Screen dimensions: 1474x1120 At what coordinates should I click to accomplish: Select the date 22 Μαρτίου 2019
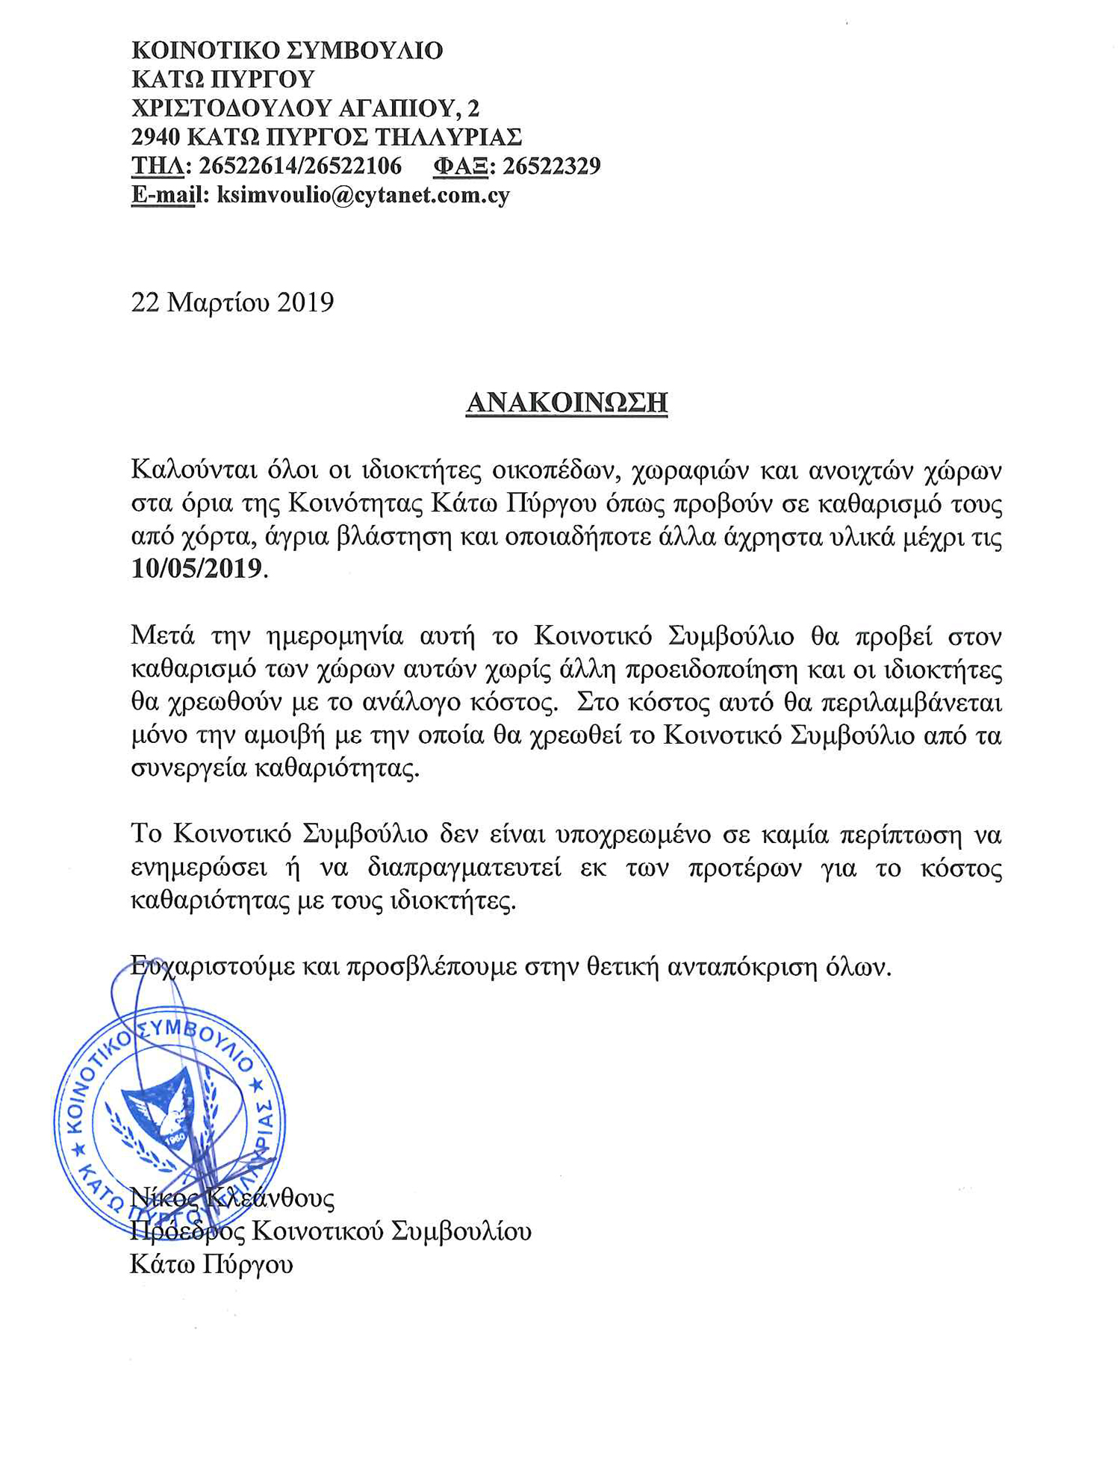pyautogui.click(x=232, y=302)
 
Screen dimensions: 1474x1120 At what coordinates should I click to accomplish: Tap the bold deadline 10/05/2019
pyautogui.click(x=197, y=569)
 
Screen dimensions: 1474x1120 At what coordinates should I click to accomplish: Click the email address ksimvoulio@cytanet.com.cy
pyautogui.click(x=363, y=195)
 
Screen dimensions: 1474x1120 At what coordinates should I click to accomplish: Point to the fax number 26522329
pyautogui.click(x=551, y=166)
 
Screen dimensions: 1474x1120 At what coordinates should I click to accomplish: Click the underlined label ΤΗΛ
pyautogui.click(x=158, y=166)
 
